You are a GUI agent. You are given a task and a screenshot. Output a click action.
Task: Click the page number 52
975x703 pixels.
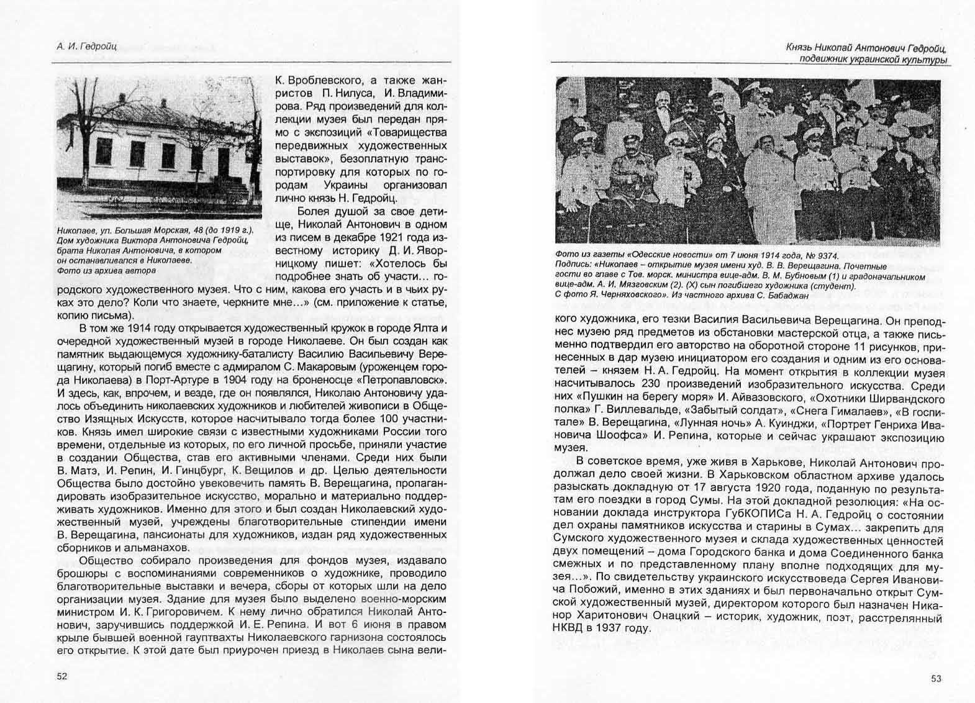[62, 676]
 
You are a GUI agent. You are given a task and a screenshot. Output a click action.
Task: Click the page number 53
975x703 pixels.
[936, 678]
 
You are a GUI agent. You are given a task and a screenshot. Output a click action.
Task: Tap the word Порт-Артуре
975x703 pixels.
[197, 380]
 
